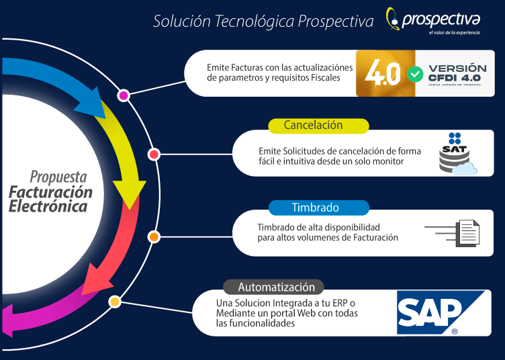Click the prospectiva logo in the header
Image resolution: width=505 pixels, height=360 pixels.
[433, 20]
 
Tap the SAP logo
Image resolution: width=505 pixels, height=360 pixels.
[441, 312]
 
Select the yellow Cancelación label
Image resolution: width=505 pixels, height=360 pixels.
[318, 126]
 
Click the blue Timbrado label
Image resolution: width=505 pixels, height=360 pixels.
[319, 208]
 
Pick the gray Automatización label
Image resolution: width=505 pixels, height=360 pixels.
[273, 287]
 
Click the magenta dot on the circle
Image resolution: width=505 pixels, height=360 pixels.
[124, 95]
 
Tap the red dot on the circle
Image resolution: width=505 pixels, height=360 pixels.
[154, 154]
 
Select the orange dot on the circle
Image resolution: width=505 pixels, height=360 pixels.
[154, 237]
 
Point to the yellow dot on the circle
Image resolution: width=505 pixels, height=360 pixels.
[115, 302]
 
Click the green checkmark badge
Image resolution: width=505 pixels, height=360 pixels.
[415, 74]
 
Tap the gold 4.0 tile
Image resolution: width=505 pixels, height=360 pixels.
[385, 73]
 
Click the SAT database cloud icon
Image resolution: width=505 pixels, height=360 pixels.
[457, 154]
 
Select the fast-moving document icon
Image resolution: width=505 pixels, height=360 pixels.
[452, 233]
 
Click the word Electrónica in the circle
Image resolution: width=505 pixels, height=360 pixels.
[48, 206]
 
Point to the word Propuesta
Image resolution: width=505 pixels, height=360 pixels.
[58, 177]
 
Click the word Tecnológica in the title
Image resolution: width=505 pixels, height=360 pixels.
[255, 21]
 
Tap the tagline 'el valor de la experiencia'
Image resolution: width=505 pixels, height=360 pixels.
[455, 32]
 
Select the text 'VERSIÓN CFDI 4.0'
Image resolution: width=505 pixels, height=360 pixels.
[457, 73]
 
